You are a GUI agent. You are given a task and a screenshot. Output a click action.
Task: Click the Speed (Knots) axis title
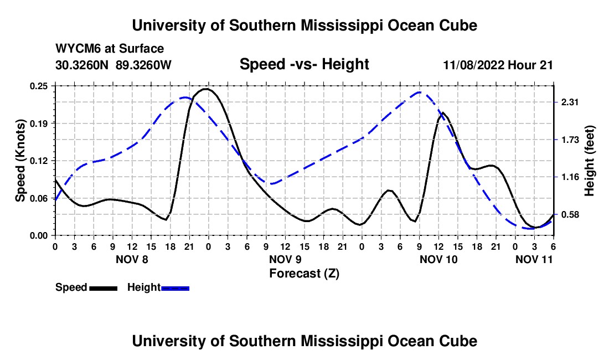click(x=20, y=161)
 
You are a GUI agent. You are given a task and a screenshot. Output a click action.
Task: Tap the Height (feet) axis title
click(x=589, y=161)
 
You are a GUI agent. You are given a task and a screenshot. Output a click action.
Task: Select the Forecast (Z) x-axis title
click(x=304, y=273)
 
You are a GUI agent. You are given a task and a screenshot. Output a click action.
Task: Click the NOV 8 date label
click(x=132, y=259)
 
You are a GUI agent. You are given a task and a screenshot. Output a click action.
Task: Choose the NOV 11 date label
click(x=534, y=259)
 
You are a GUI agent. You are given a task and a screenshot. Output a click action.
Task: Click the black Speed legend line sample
click(x=103, y=287)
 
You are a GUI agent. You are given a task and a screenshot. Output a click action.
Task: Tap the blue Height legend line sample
click(x=175, y=287)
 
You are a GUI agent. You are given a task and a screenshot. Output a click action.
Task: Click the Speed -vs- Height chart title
click(x=304, y=64)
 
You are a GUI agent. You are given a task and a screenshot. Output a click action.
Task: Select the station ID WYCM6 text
click(x=75, y=49)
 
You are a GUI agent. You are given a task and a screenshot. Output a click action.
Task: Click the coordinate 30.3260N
click(x=82, y=65)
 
